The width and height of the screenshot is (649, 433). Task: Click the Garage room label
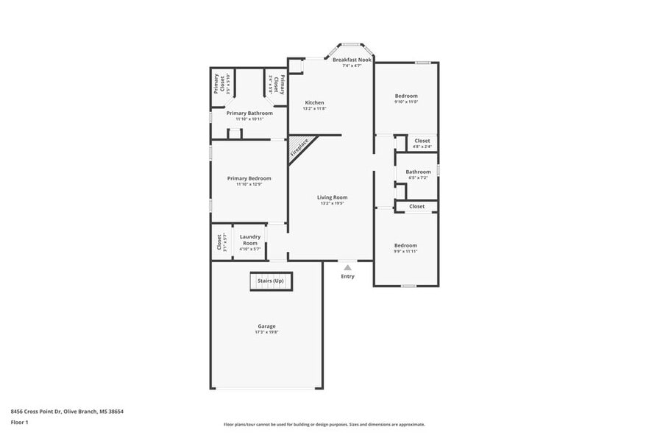[266, 326]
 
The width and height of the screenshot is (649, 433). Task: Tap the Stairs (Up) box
[270, 281]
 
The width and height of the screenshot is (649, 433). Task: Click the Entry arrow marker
[347, 268]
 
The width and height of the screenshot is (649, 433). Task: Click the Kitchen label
[314, 103]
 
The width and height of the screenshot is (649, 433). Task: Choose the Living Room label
[333, 197]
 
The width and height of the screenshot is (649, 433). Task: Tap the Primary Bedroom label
[249, 178]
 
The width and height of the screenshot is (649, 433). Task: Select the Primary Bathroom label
[249, 113]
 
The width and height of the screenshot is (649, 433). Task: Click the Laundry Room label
[250, 239]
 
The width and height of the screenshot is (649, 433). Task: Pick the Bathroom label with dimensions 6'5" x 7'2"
[418, 172]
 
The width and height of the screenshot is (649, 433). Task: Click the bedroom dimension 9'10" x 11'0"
[405, 102]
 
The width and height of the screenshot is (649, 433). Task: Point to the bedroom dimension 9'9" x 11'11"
[405, 252]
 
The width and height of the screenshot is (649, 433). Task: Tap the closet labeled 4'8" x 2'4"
[422, 147]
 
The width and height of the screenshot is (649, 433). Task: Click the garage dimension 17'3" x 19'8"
[266, 332]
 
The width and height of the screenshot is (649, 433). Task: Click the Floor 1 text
[19, 422]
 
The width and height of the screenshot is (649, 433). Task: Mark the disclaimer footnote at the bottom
[324, 424]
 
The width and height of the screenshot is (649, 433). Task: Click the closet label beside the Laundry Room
[219, 242]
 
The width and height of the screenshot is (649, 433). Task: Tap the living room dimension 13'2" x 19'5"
[333, 203]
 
